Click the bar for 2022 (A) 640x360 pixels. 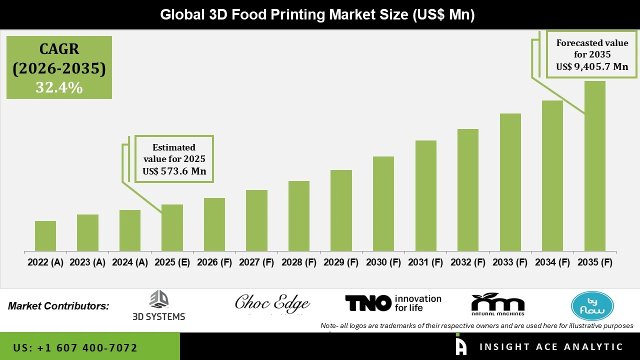click(45, 236)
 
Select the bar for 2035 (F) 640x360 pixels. click(594, 166)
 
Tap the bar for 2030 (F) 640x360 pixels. click(383, 203)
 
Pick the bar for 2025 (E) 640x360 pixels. click(172, 227)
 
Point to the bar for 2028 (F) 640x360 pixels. click(299, 216)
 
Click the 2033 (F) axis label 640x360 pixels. click(510, 262)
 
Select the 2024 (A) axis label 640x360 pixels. click(130, 262)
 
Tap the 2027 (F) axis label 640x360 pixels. click(256, 262)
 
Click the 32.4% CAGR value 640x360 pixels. click(59, 87)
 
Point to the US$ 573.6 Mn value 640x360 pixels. click(174, 171)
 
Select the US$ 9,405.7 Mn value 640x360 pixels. click(592, 67)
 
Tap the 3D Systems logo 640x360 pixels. click(159, 305)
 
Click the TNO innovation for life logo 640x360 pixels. click(393, 303)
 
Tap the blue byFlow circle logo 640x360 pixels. click(592, 305)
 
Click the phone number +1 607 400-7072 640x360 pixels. click(75, 347)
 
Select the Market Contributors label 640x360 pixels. click(58, 306)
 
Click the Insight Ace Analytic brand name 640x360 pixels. click(551, 347)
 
